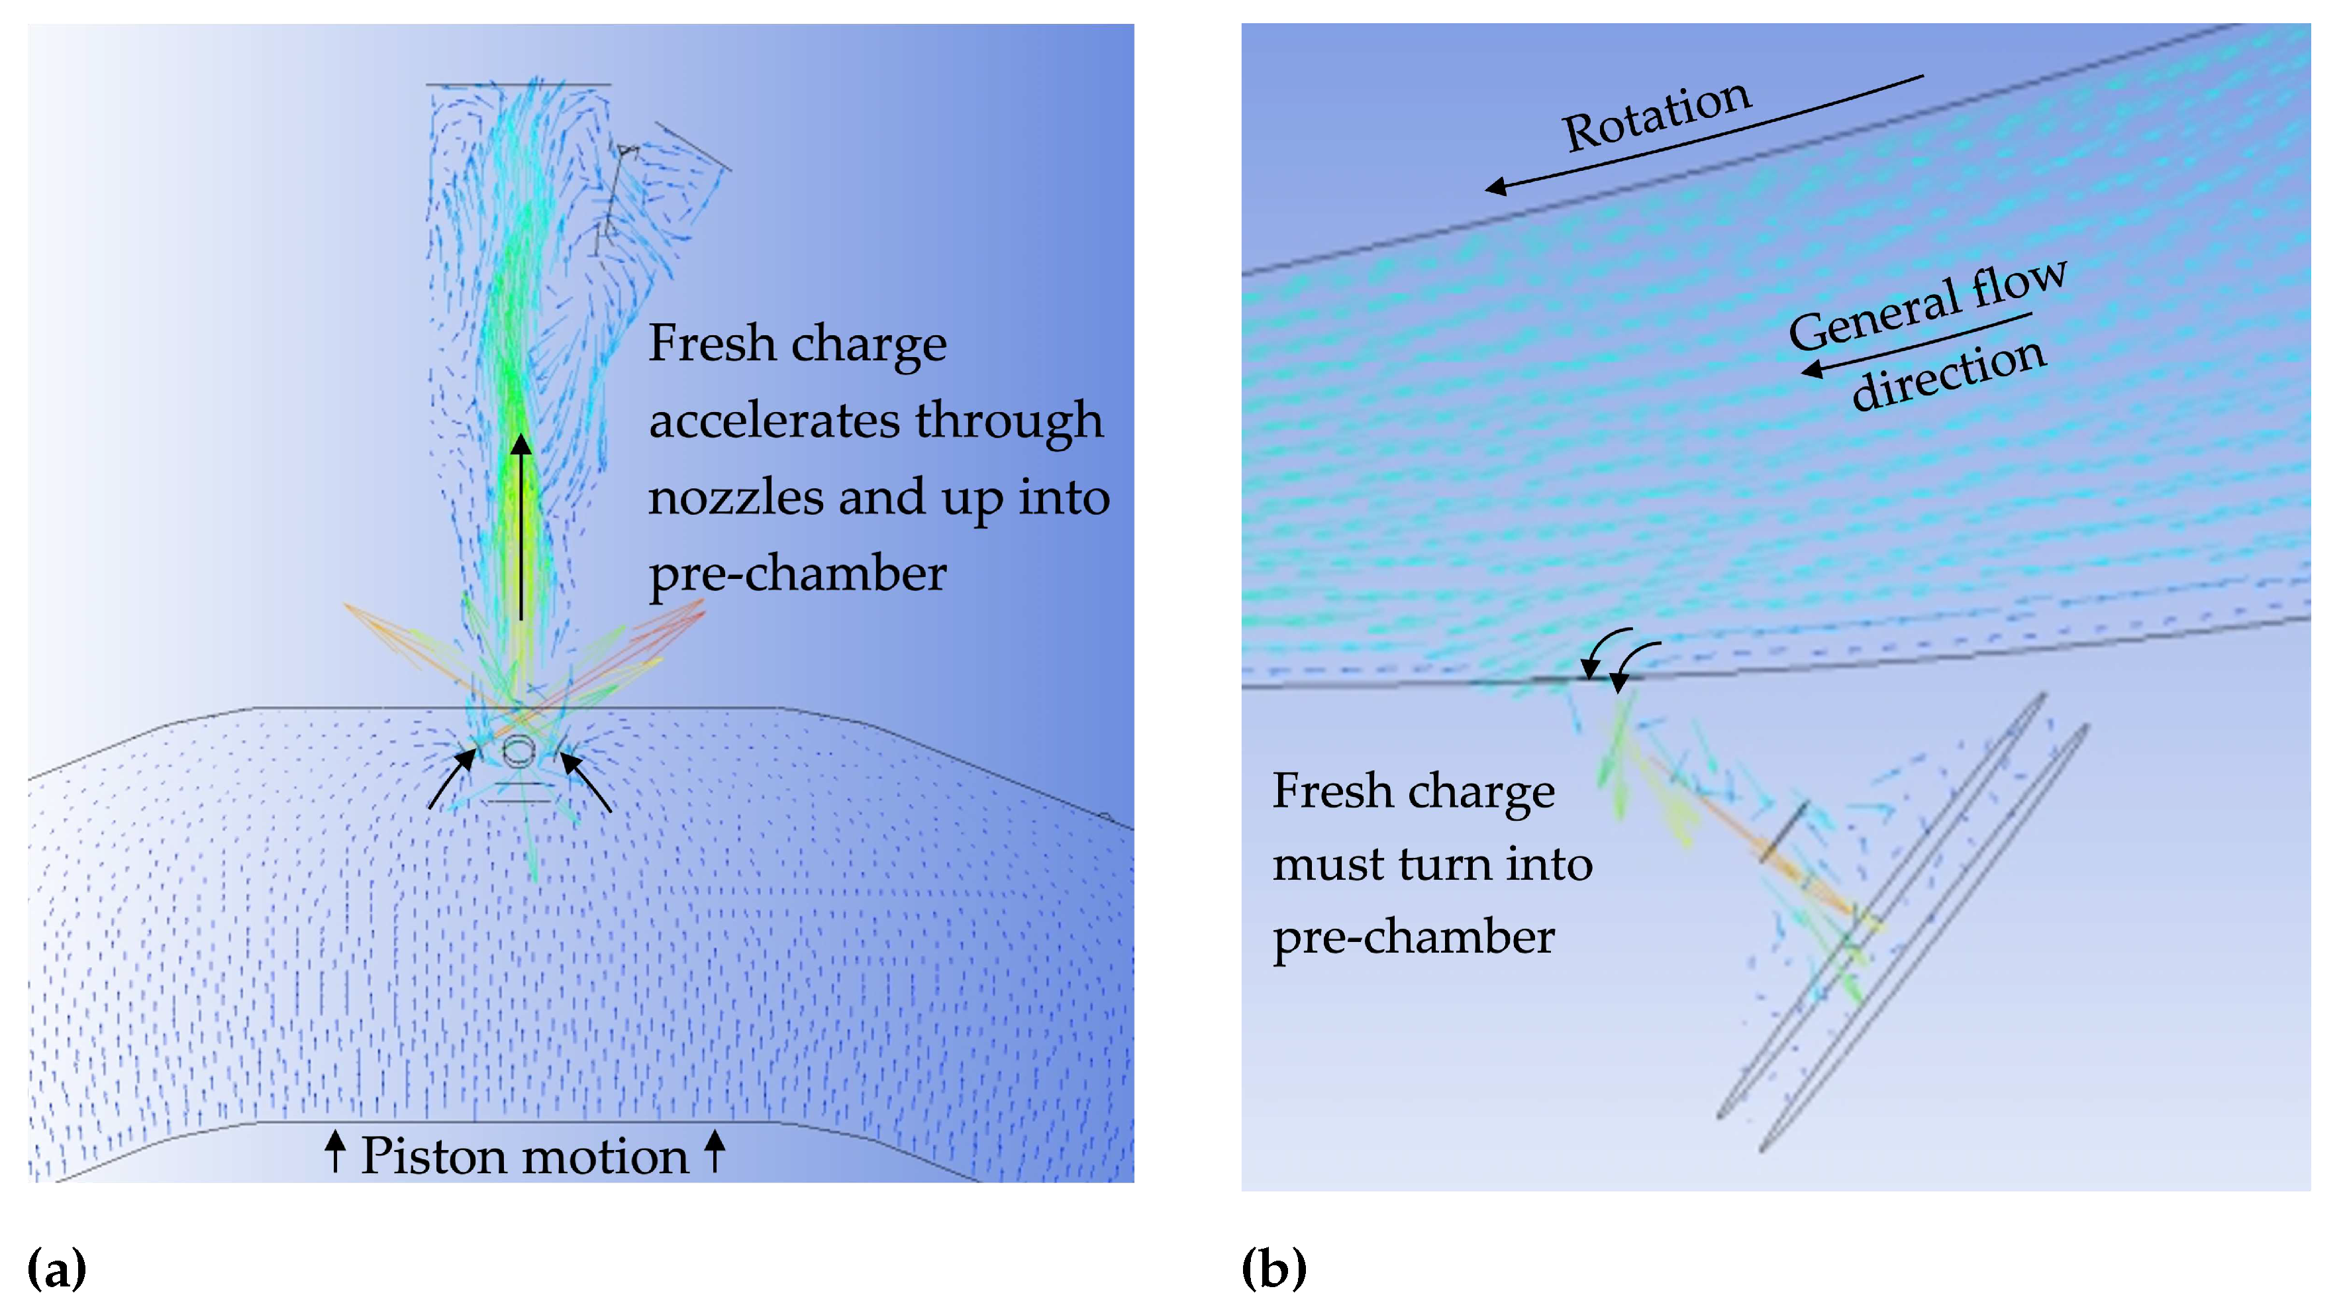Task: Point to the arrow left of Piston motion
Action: [x=335, y=1151]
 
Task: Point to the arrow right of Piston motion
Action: [x=715, y=1151]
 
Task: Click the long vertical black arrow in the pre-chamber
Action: [x=521, y=527]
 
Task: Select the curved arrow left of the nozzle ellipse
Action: [x=452, y=777]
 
